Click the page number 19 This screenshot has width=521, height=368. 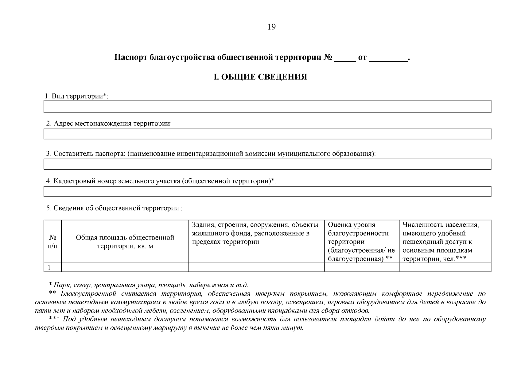[x=272, y=27]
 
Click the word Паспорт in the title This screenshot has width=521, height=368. [x=130, y=58]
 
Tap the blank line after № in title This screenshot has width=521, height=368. [x=345, y=59]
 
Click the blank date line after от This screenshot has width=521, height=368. [x=388, y=59]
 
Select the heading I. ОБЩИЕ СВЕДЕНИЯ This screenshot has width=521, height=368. [x=260, y=77]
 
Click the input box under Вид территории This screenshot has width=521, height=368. [x=267, y=106]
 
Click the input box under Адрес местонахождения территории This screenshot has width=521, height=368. [x=267, y=134]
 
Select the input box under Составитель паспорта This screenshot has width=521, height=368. [x=267, y=164]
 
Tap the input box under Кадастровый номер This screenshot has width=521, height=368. [x=267, y=191]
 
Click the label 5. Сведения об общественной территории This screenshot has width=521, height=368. [x=114, y=208]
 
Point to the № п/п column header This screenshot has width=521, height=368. [x=52, y=242]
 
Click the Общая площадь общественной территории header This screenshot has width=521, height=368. [x=125, y=242]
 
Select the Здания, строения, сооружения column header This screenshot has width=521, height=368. [x=255, y=233]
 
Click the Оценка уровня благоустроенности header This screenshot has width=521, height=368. [x=361, y=242]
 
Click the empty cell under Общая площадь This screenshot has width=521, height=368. [x=125, y=267]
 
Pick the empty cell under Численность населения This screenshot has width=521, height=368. [x=445, y=267]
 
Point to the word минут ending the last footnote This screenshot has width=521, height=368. [x=293, y=328]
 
